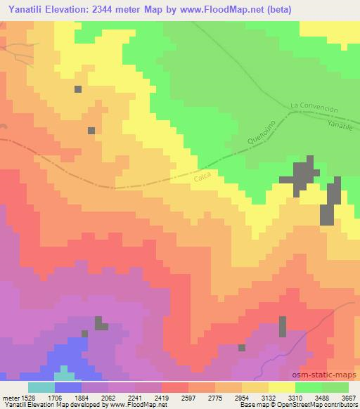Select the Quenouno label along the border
261,131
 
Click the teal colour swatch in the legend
41,387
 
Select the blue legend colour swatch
68,387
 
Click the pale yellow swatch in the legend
282,387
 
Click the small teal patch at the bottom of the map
64,371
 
